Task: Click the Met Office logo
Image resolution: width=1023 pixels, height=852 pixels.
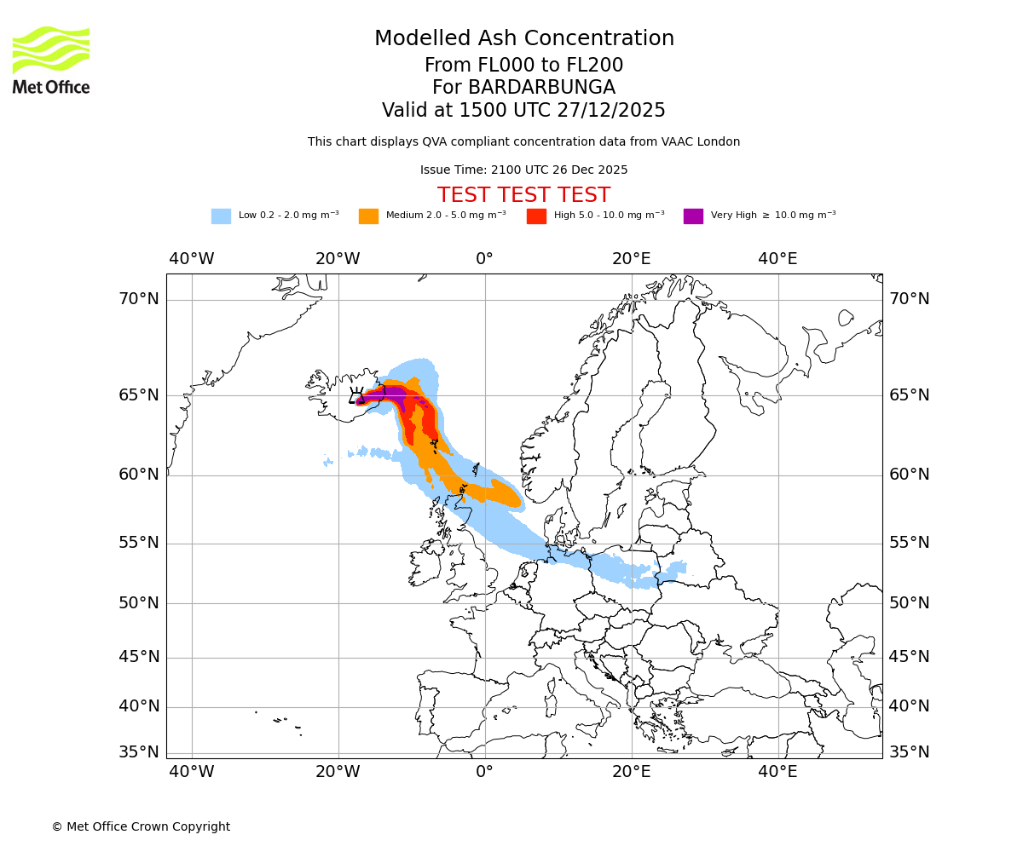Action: pos(51,60)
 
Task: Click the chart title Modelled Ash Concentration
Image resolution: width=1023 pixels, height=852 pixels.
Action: pos(523,38)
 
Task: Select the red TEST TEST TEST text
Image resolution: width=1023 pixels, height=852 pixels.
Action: pos(523,195)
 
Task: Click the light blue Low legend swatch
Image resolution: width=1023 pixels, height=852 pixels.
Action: pos(221,216)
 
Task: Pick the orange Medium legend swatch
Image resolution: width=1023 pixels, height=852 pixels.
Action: pos(368,216)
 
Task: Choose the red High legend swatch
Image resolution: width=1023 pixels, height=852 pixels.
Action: pos(536,216)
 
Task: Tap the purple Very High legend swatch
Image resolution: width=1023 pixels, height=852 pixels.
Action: pos(693,216)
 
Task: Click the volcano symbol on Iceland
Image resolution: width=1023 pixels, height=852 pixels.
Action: pos(356,395)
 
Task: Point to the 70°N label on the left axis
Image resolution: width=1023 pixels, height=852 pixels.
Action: pos(138,299)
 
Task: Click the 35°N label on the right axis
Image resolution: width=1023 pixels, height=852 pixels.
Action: pos(909,752)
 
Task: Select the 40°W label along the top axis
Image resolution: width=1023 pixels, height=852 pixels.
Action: pos(191,259)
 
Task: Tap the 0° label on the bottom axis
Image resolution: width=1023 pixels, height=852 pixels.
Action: pos(484,772)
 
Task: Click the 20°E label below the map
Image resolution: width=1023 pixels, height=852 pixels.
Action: pos(631,772)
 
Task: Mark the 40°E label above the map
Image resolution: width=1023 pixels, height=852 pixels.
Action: pos(777,259)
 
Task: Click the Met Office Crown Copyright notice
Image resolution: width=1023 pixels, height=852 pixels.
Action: pos(141,826)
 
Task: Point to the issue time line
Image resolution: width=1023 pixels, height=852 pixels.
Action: pos(523,170)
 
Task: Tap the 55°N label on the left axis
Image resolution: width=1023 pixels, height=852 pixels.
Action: pos(138,543)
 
